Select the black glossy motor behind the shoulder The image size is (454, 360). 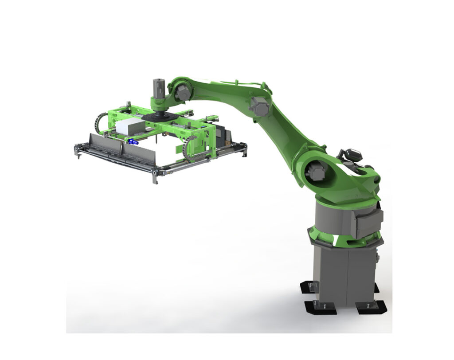pos(350,155)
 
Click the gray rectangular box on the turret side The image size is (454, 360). pos(368,222)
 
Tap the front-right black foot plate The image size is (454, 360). pos(371,307)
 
